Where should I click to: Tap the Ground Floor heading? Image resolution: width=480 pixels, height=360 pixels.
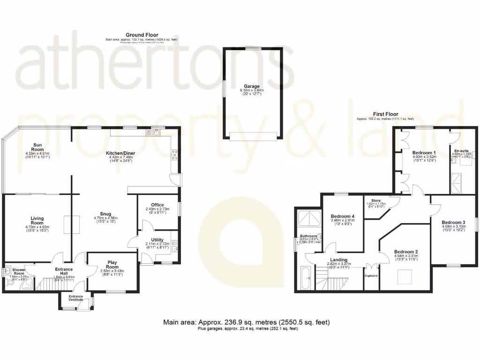tap(142, 35)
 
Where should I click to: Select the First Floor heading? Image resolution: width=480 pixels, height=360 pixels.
tap(385, 114)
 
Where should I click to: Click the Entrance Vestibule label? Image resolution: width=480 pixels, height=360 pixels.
tap(76, 298)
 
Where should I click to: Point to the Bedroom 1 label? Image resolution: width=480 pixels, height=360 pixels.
tap(424, 153)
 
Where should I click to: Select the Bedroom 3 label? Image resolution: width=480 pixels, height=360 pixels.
tap(453, 222)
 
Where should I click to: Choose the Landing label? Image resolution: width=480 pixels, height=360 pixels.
tap(338, 260)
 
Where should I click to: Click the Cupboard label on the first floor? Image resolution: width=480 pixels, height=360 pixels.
tap(371, 276)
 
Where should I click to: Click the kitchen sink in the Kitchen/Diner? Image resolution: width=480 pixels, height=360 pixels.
tap(156, 132)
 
